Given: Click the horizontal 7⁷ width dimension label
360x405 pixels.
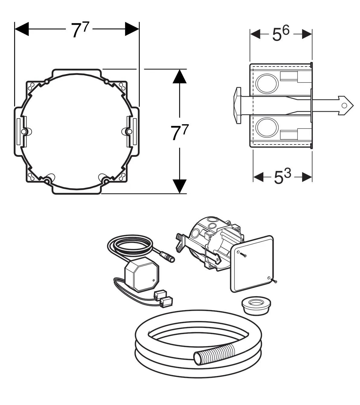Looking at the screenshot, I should pyautogui.click(x=80, y=30).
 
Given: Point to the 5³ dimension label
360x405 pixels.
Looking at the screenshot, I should pyautogui.click(x=282, y=177).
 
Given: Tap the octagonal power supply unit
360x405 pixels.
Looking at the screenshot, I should pyautogui.click(x=141, y=276).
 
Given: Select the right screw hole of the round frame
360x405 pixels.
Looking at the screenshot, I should pyautogui.click(x=129, y=131).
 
